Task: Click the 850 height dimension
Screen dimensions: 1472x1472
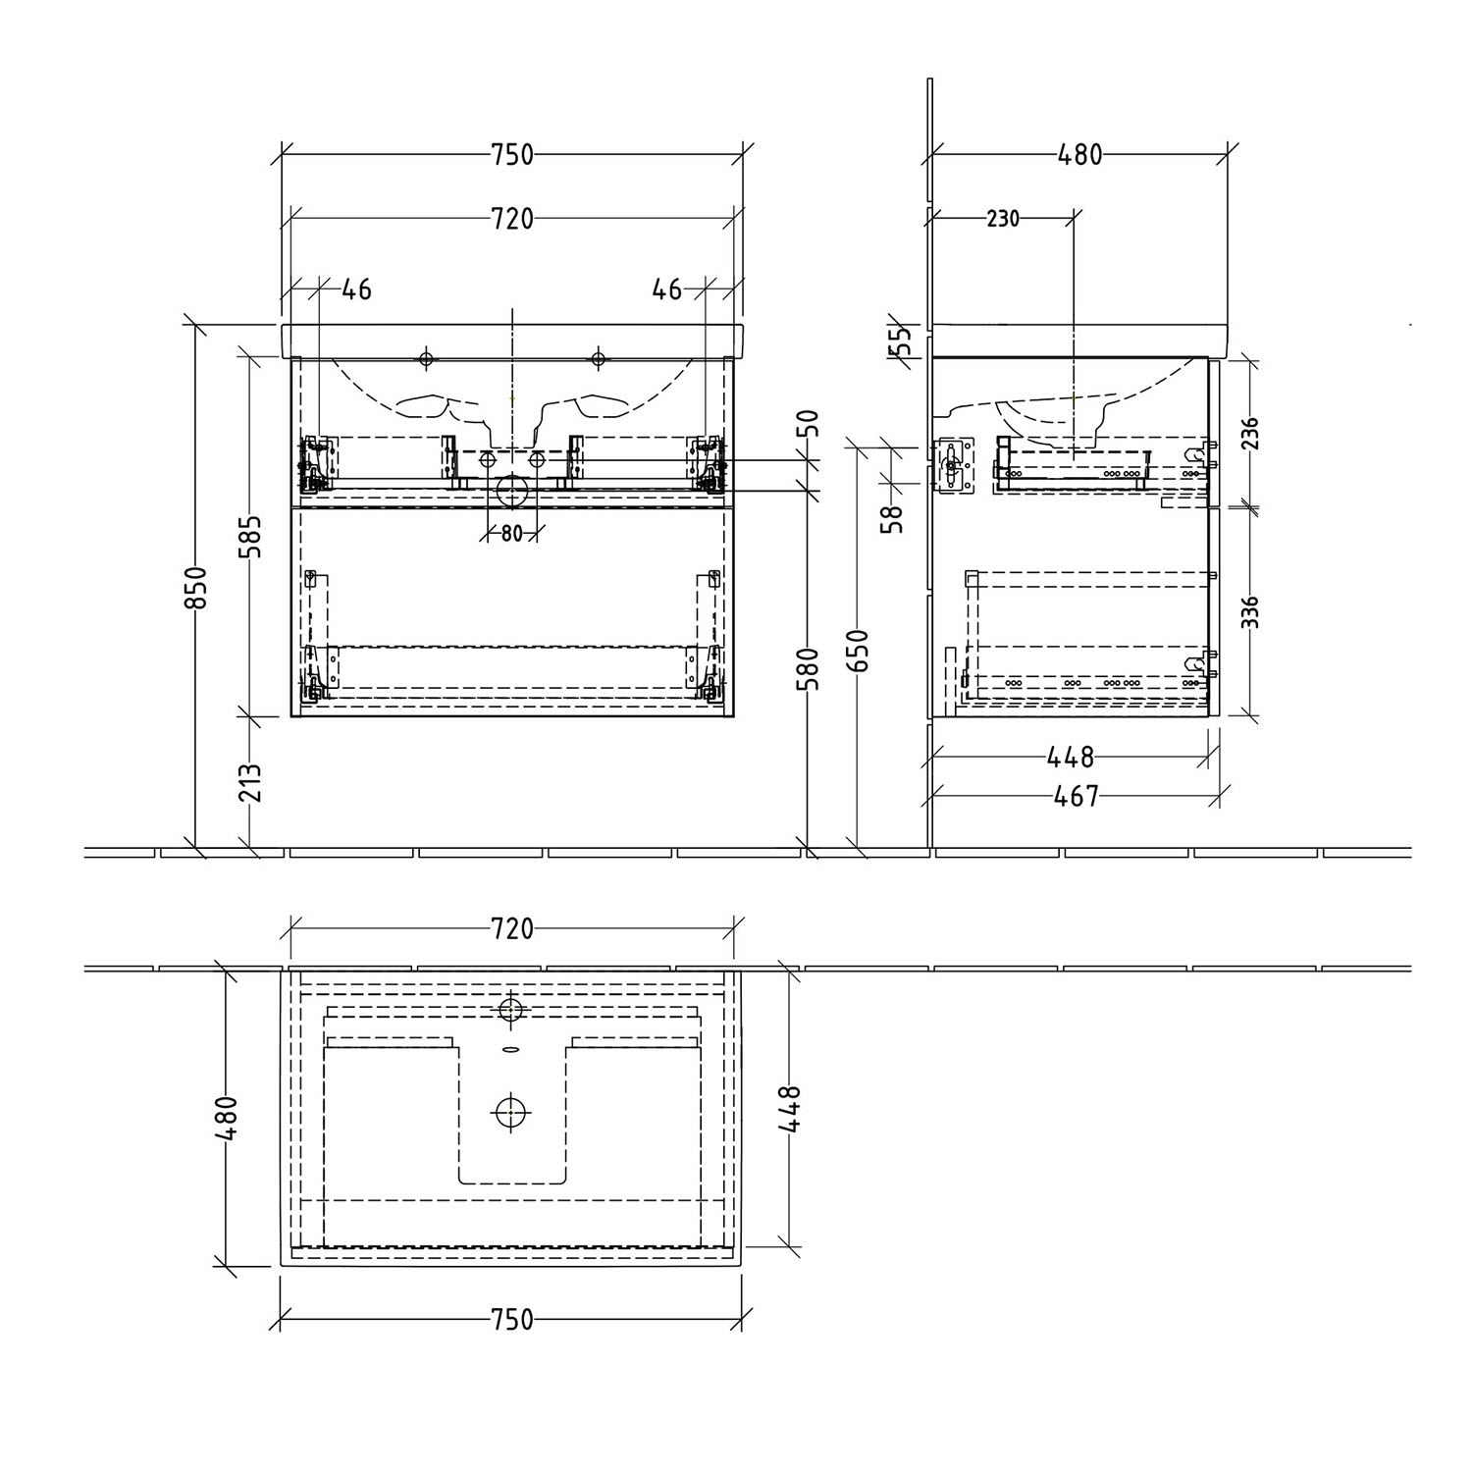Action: coord(196,587)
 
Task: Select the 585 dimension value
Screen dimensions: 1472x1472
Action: coord(251,536)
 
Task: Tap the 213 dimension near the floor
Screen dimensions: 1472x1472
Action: coord(251,782)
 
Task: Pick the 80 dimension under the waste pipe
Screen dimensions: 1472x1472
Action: coord(511,534)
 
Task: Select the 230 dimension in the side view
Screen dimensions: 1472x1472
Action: coord(1003,218)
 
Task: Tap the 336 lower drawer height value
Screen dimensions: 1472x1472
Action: coord(1249,611)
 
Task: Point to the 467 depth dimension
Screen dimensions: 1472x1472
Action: coord(1076,796)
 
